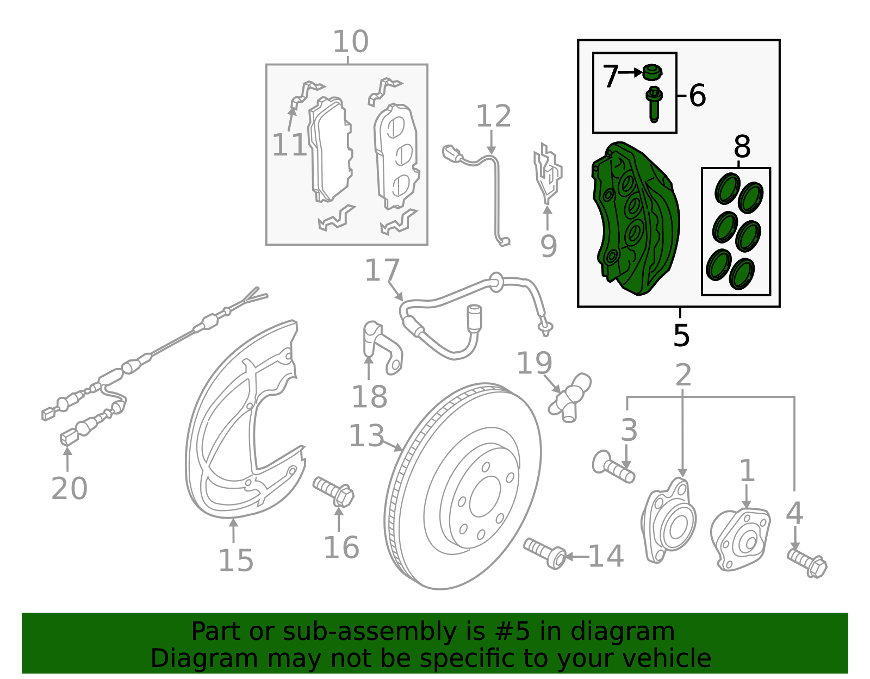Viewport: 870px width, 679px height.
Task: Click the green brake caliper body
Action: pyautogui.click(x=636, y=217)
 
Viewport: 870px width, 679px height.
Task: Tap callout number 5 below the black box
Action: pyautogui.click(x=681, y=335)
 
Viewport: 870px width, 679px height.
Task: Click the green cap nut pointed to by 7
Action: pyautogui.click(x=651, y=72)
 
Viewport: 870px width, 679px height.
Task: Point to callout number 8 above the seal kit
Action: pyautogui.click(x=742, y=147)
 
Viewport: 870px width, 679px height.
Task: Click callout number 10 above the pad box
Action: pyautogui.click(x=351, y=42)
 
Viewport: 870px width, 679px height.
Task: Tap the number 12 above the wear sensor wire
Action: pyautogui.click(x=493, y=116)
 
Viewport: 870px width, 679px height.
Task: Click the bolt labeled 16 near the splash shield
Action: pyautogui.click(x=333, y=491)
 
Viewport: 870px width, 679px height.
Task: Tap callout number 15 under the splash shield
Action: pyautogui.click(x=236, y=560)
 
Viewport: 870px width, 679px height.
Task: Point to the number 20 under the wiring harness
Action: pyautogui.click(x=69, y=488)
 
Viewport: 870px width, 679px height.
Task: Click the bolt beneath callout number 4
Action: pyautogui.click(x=807, y=563)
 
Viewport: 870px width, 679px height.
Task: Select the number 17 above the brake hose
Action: pyautogui.click(x=382, y=270)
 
